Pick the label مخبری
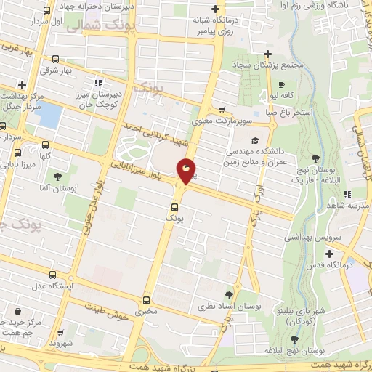[x=147, y=311]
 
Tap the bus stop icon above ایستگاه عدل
[x=51, y=275]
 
